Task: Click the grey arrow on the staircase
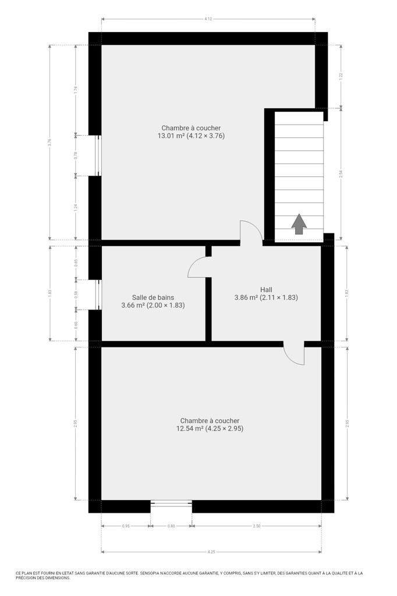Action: pyautogui.click(x=299, y=224)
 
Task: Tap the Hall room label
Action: pyautogui.click(x=266, y=290)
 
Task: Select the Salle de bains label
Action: pyautogui.click(x=153, y=297)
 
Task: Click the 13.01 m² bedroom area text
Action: pyautogui.click(x=192, y=136)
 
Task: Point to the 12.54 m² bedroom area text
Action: pyautogui.click(x=210, y=428)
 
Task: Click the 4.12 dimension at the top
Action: pyautogui.click(x=208, y=18)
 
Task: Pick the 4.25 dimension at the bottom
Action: pyautogui.click(x=211, y=552)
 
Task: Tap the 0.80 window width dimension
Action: pyautogui.click(x=171, y=526)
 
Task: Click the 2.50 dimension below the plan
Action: pyautogui.click(x=257, y=526)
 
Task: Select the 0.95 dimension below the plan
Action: pyautogui.click(x=126, y=526)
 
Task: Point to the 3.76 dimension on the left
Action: pyautogui.click(x=49, y=143)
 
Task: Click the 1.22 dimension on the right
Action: pyautogui.click(x=341, y=76)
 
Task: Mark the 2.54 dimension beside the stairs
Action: pyautogui.click(x=341, y=174)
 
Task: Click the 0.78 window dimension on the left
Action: pyautogui.click(x=76, y=155)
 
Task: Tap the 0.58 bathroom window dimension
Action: pyautogui.click(x=76, y=295)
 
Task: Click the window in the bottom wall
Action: pyautogui.click(x=171, y=503)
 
